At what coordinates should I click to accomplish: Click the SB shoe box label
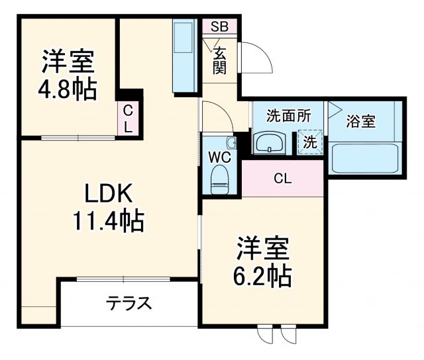pyautogui.click(x=219, y=27)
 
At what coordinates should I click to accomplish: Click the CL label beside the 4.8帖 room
pyautogui.click(x=129, y=118)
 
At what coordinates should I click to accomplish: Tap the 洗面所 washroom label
pyautogui.click(x=288, y=115)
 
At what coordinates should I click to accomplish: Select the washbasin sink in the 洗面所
pyautogui.click(x=270, y=142)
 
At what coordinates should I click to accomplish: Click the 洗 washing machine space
pyautogui.click(x=309, y=141)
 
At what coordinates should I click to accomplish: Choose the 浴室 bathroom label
pyautogui.click(x=361, y=121)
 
